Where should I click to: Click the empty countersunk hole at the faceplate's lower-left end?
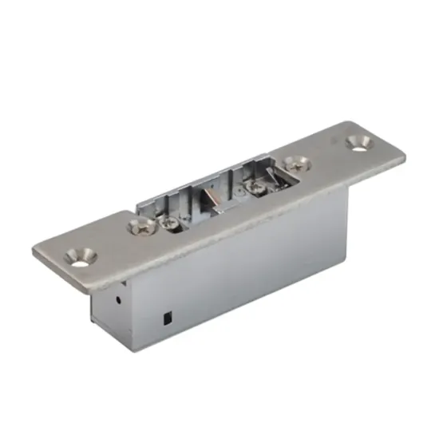pos(81,256)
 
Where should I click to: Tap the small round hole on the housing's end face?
pos(118,303)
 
